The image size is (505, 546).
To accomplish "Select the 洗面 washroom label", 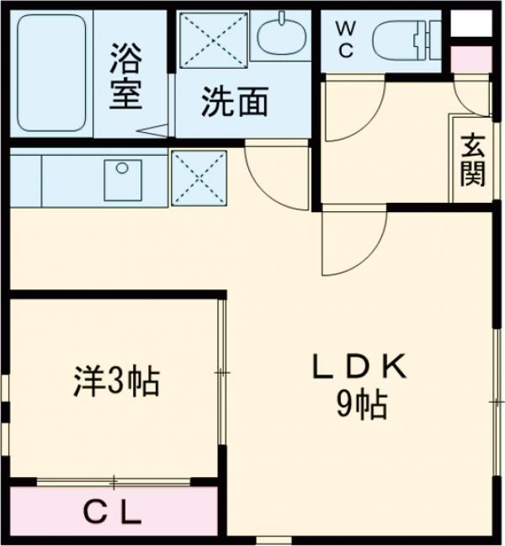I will click(234, 102).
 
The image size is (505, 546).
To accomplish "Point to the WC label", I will click(345, 38).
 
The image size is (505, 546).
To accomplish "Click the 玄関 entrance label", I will click(471, 160).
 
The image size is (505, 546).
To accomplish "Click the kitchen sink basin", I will click(122, 178).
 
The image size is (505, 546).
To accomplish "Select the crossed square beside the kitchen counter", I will click(199, 178).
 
